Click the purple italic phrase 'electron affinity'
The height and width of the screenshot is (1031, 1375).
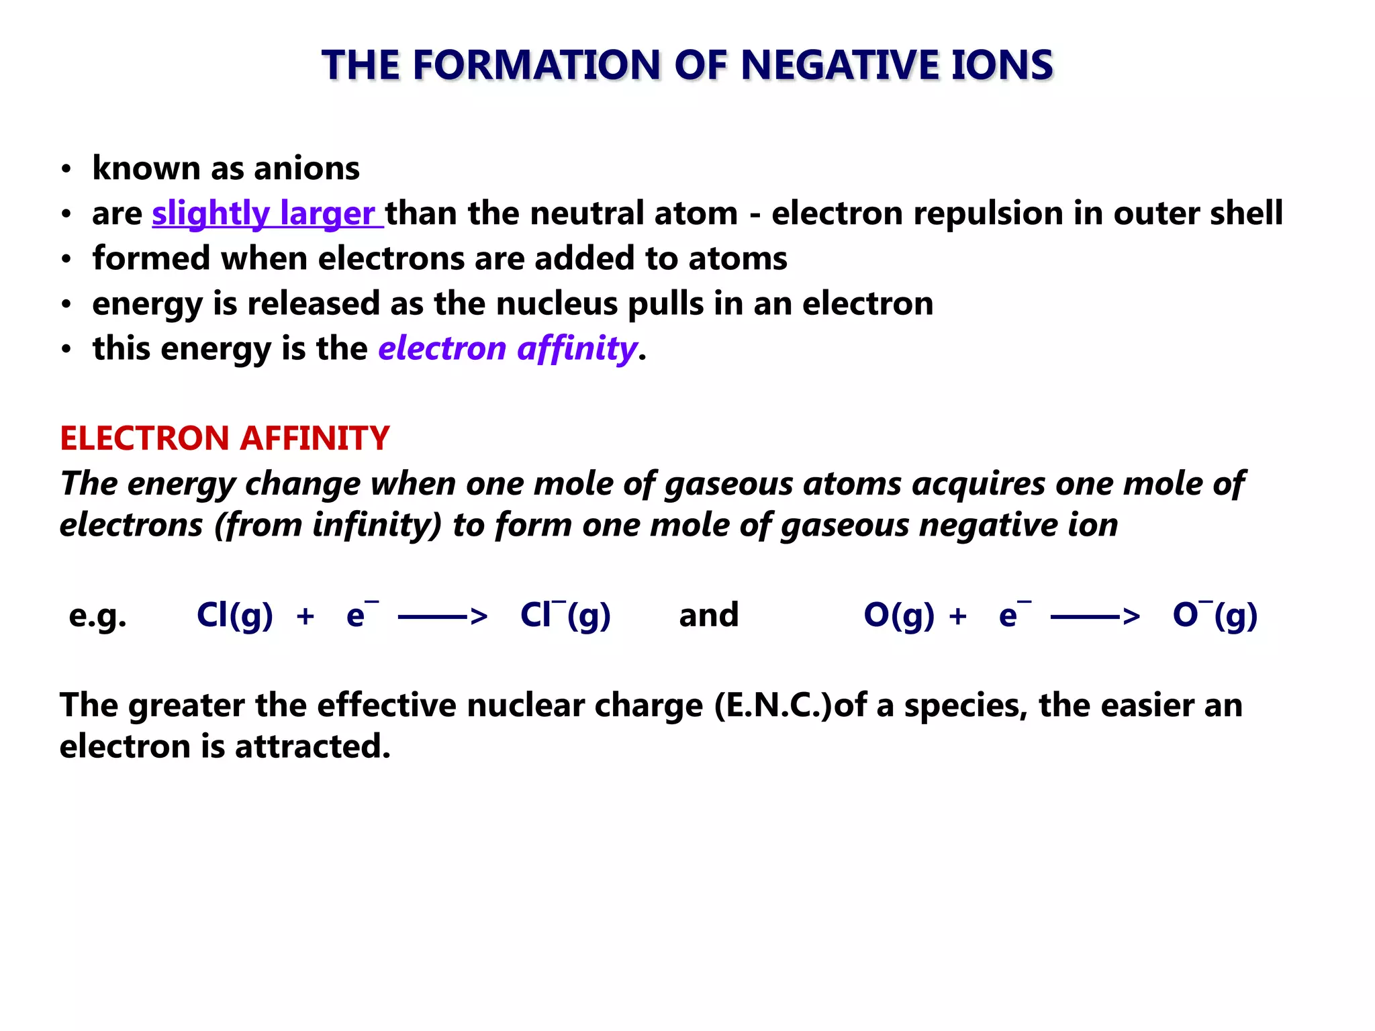(507, 348)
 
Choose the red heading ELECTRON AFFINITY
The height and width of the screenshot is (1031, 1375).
(224, 438)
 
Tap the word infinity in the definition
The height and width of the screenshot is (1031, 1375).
(377, 524)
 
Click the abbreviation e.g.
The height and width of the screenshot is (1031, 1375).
(97, 616)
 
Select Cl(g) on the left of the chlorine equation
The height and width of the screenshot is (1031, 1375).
(234, 616)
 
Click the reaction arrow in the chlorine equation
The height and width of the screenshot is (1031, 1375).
(442, 616)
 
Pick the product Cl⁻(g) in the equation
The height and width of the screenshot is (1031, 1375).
(565, 616)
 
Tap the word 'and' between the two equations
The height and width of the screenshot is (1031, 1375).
(708, 616)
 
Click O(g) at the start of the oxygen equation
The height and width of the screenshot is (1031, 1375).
(898, 616)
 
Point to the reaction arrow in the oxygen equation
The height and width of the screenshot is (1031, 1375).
(1094, 616)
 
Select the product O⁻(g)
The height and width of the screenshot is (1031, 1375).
(1215, 616)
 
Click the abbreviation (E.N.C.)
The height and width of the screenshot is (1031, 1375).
(773, 705)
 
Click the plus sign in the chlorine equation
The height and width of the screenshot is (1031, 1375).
(305, 616)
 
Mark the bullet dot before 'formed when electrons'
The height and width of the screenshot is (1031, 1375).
(66, 260)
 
